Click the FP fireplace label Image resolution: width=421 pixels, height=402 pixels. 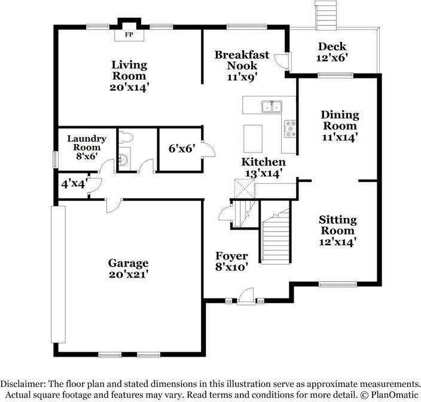129,35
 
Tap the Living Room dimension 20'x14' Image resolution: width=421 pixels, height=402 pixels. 129,87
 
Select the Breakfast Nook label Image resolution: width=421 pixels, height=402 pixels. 242,60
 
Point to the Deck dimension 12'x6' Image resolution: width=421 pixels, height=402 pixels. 332,58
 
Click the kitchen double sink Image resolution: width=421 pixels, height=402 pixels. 271,106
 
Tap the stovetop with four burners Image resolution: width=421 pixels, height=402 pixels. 290,129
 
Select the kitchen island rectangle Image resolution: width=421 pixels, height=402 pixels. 253,139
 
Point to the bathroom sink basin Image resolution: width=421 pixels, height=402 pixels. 124,159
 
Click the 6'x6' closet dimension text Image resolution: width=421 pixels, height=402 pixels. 182,148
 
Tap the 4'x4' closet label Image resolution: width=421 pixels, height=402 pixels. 74,184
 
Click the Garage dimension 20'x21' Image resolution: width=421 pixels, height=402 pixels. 129,275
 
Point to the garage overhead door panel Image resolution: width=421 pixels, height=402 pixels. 58,274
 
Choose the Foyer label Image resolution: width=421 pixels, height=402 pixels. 231,256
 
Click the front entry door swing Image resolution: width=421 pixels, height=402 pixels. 246,296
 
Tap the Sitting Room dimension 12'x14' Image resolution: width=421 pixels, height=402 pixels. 337,242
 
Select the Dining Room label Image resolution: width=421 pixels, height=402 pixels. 340,120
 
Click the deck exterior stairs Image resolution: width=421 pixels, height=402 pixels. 325,16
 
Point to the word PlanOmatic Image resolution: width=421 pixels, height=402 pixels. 395,395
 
